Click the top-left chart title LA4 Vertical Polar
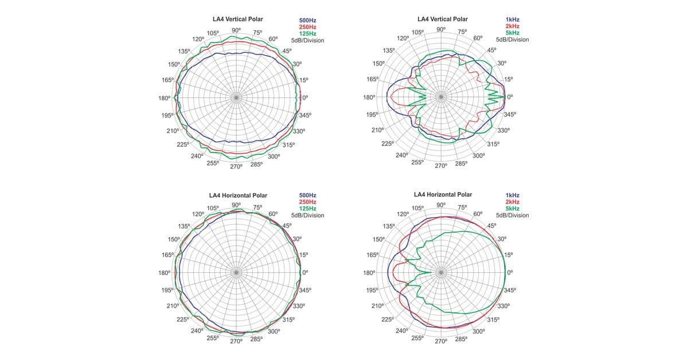click(237, 19)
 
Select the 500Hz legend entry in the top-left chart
click(308, 21)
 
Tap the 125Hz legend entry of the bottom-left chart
click(308, 209)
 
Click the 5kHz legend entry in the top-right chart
click(513, 33)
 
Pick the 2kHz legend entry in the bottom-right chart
click(513, 202)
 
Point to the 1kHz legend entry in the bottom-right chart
click(513, 195)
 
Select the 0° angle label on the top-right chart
click(510, 97)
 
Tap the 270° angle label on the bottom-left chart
click(236, 342)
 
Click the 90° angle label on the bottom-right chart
click(440, 205)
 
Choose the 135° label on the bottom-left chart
click(184, 226)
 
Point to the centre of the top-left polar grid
click(236, 98)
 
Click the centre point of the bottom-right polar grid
click(441, 273)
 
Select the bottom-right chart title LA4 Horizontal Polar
click(443, 195)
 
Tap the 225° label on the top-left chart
click(183, 144)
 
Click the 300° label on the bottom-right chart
click(478, 331)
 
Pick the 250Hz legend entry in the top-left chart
click(308, 27)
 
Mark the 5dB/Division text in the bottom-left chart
click(308, 216)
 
